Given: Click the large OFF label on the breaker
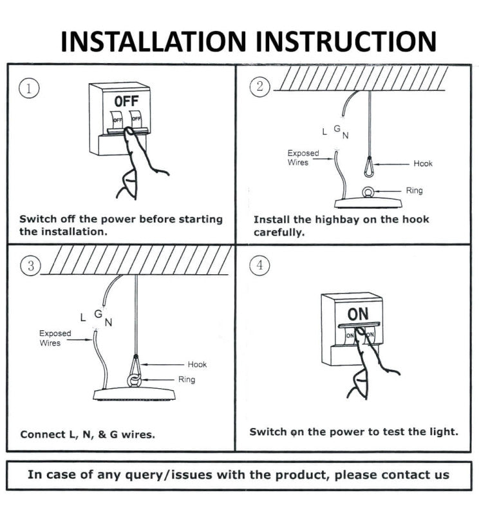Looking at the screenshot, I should [126, 102].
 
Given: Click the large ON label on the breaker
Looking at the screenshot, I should [358, 314].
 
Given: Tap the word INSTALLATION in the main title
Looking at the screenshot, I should [155, 41].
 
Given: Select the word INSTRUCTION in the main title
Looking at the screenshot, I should [346, 41].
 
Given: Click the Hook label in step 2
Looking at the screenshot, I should [423, 164].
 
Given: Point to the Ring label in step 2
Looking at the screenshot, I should [414, 191].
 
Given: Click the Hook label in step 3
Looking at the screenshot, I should [197, 364].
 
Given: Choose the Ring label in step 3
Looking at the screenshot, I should [187, 380].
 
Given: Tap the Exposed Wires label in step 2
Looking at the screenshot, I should [303, 158].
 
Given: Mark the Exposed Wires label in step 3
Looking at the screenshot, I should [55, 338].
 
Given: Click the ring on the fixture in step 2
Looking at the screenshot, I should [369, 192].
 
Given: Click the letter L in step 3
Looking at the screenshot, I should [82, 317].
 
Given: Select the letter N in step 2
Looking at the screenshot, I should [346, 135].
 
